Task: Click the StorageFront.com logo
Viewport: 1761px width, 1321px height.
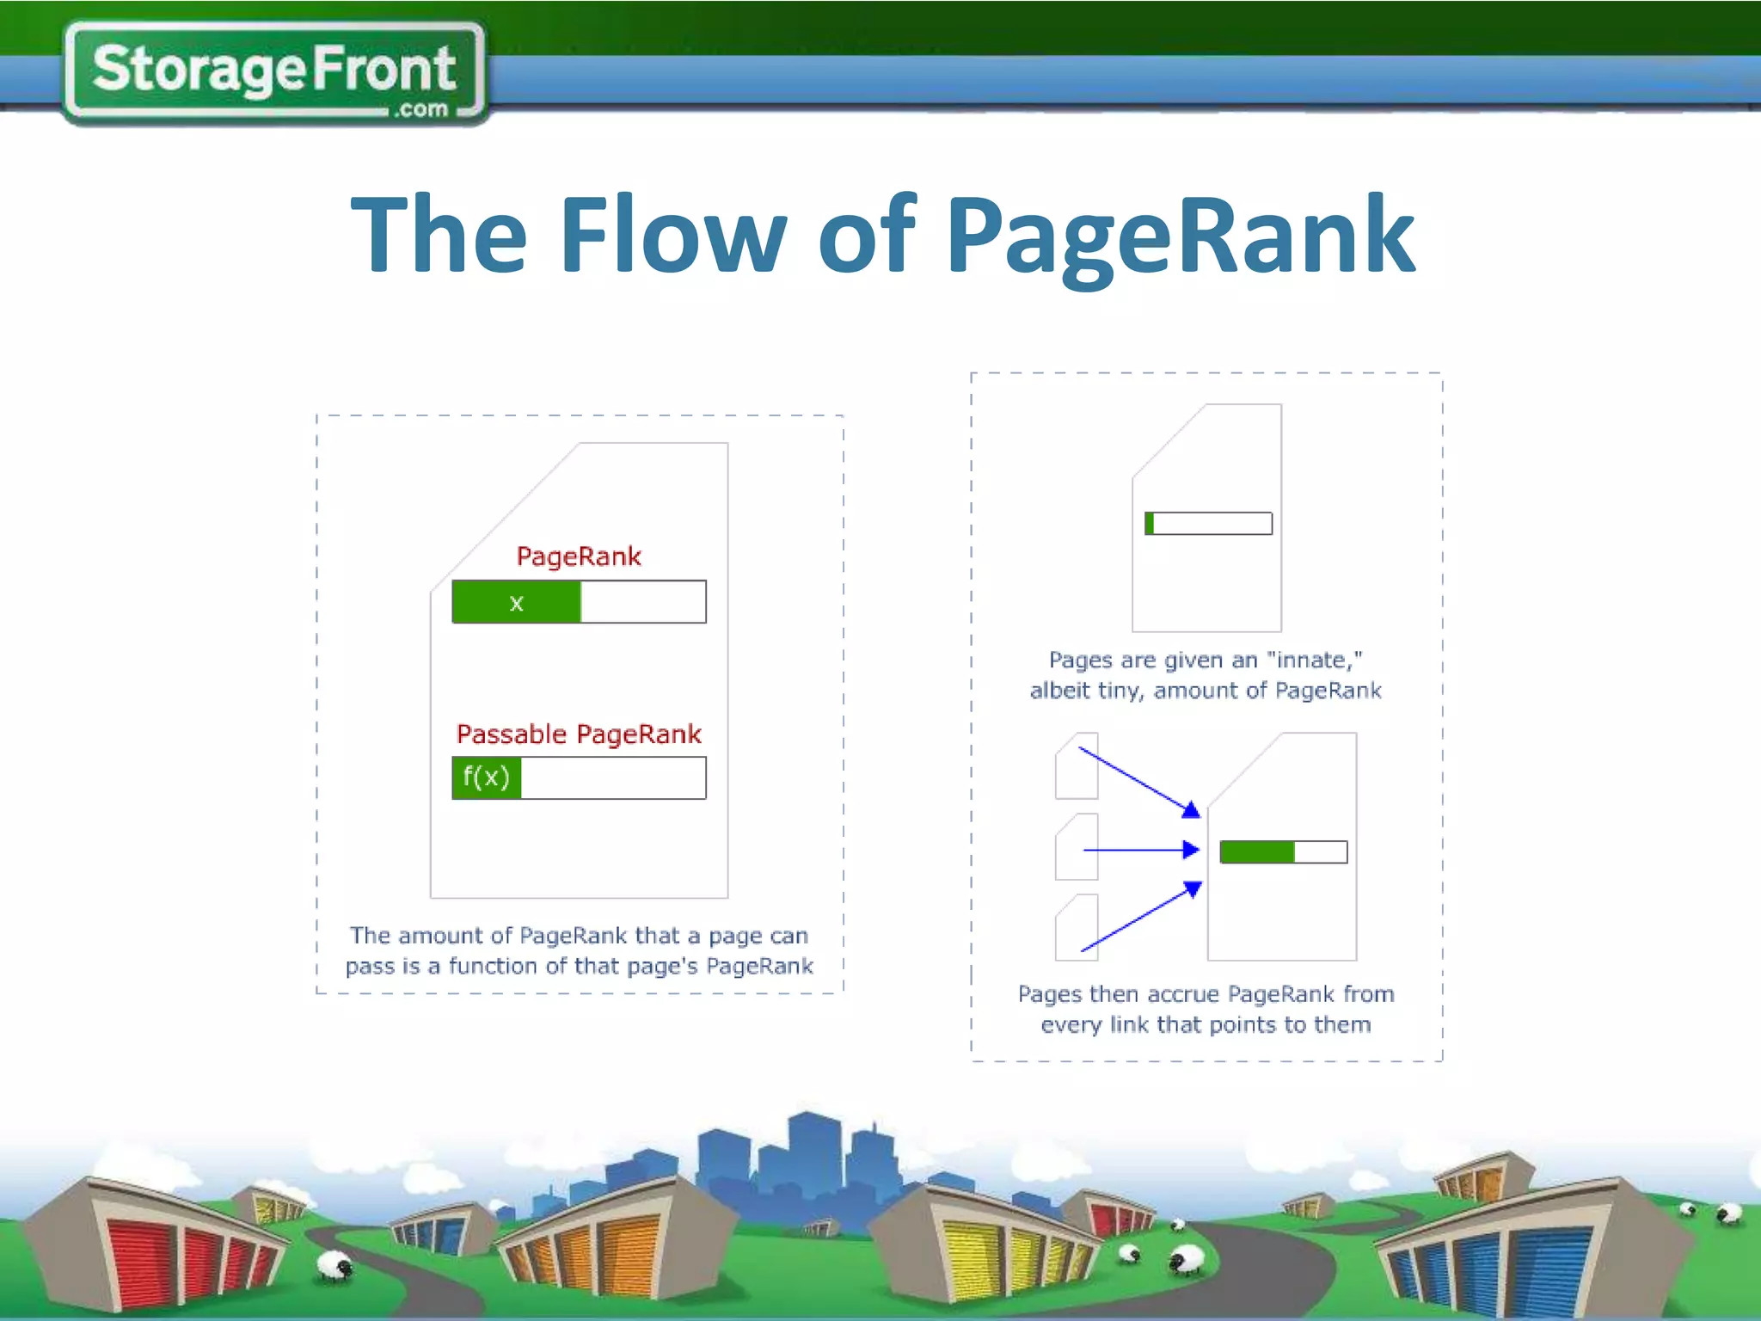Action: (x=273, y=72)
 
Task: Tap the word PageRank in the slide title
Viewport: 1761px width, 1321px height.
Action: (x=1180, y=236)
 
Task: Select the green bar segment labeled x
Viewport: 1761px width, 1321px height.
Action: (x=516, y=602)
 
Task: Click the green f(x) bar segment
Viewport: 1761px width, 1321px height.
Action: (x=487, y=777)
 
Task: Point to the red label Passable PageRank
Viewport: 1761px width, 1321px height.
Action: (x=579, y=734)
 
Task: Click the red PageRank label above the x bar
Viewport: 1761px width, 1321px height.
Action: (x=579, y=556)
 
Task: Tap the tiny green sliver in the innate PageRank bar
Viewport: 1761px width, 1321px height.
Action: (x=1150, y=523)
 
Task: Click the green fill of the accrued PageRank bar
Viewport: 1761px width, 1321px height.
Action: (x=1256, y=851)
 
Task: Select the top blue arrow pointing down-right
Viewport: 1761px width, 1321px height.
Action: (x=1135, y=779)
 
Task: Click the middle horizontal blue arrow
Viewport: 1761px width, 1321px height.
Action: (x=1140, y=850)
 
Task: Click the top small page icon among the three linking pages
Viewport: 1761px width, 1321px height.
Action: (x=1077, y=765)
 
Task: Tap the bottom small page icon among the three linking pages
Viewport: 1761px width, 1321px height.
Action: (x=1077, y=927)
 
